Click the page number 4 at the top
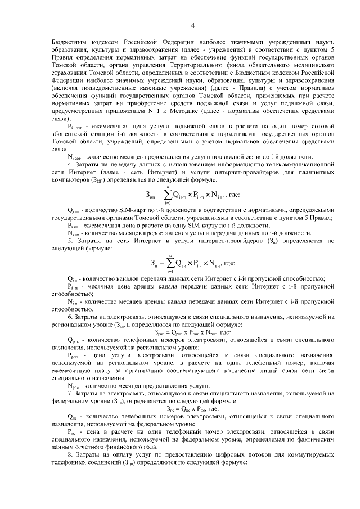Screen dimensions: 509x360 click(192, 25)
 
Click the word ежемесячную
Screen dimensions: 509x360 click(74, 355)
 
